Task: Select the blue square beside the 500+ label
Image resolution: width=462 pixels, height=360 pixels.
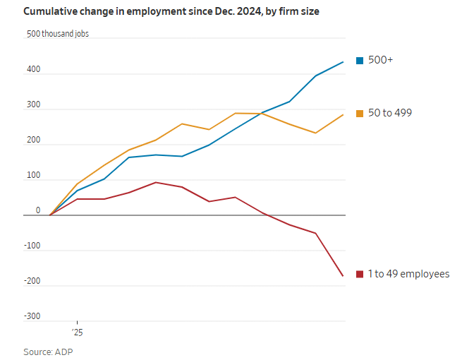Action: (360, 61)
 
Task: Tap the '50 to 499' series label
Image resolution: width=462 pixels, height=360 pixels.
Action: (390, 113)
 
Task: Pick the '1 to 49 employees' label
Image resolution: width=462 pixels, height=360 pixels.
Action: (408, 274)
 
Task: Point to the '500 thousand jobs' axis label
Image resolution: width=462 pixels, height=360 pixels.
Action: (58, 34)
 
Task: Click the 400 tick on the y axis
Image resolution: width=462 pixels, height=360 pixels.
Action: (34, 70)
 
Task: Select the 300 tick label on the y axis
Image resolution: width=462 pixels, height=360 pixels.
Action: (34, 105)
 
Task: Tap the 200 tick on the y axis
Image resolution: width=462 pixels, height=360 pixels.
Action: (34, 140)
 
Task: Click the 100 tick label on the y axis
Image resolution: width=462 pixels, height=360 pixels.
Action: (34, 176)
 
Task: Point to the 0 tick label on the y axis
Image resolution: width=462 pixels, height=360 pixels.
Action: (38, 210)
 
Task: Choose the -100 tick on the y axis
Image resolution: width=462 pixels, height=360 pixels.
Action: (32, 246)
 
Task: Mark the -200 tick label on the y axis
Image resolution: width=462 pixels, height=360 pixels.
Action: (32, 282)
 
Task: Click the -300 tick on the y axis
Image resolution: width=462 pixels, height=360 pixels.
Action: (32, 316)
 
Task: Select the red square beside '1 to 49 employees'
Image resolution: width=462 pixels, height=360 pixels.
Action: (360, 274)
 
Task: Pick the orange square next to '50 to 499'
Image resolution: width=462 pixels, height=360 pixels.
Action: (360, 113)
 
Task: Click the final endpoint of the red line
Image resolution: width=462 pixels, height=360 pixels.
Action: (344, 276)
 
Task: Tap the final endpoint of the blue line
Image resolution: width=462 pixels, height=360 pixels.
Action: (344, 62)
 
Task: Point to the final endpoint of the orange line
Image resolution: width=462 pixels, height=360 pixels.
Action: (344, 114)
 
